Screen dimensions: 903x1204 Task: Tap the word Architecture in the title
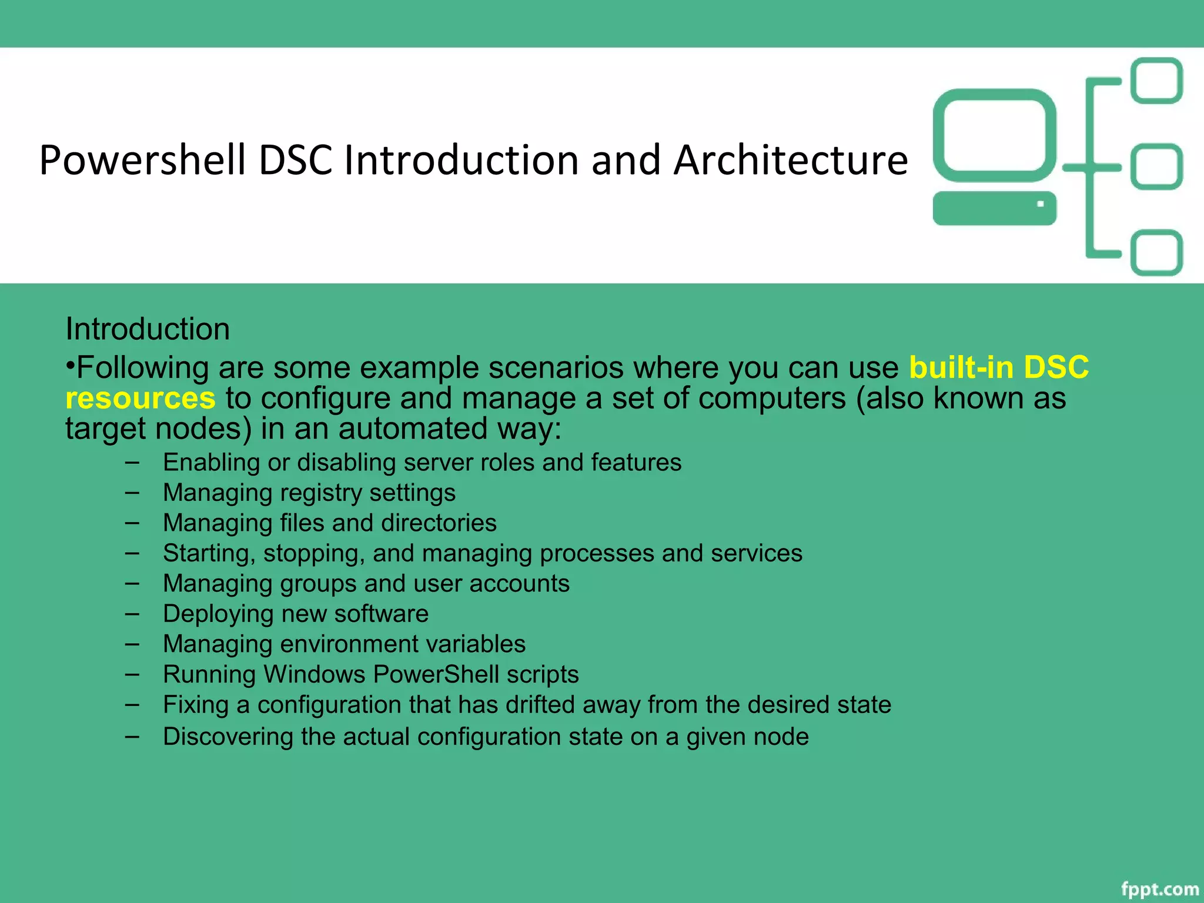pyautogui.click(x=790, y=160)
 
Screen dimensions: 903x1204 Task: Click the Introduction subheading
pyautogui.click(x=148, y=329)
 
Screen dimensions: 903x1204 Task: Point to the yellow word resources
pyautogui.click(x=141, y=398)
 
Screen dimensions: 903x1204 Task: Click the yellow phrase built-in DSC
pyautogui.click(x=998, y=367)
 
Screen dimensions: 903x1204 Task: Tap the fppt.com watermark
pyautogui.click(x=1159, y=889)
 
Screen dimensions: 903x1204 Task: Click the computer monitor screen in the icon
pyautogui.click(x=994, y=135)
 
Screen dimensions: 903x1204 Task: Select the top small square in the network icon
pyautogui.click(x=1157, y=81)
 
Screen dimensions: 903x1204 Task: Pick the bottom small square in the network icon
pyautogui.click(x=1157, y=253)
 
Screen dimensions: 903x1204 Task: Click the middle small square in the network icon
pyautogui.click(x=1157, y=167)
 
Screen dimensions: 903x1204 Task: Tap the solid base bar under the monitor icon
pyautogui.click(x=994, y=208)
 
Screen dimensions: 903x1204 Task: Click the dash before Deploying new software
pyautogui.click(x=132, y=613)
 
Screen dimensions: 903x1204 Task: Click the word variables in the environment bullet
pyautogui.click(x=476, y=644)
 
